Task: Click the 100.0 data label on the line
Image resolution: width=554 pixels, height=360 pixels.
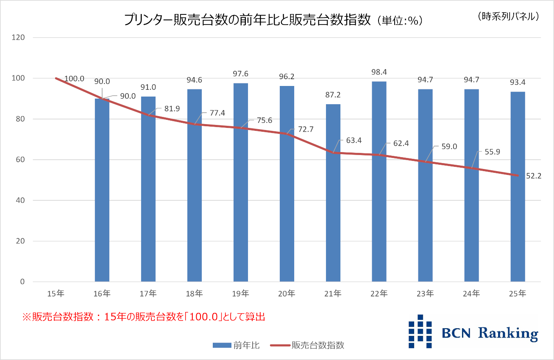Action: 74,79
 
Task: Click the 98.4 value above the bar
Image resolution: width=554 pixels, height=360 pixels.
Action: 379,71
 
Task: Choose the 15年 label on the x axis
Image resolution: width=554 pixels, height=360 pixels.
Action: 56,293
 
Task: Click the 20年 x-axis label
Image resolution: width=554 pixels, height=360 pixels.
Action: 287,293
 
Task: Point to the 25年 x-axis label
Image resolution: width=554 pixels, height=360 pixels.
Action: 518,293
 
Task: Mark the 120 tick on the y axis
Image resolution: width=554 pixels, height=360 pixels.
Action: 19,38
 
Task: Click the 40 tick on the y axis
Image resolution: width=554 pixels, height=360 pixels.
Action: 20,200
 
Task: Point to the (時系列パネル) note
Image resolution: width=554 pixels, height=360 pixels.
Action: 508,16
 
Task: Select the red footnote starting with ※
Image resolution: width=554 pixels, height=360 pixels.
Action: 144,317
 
